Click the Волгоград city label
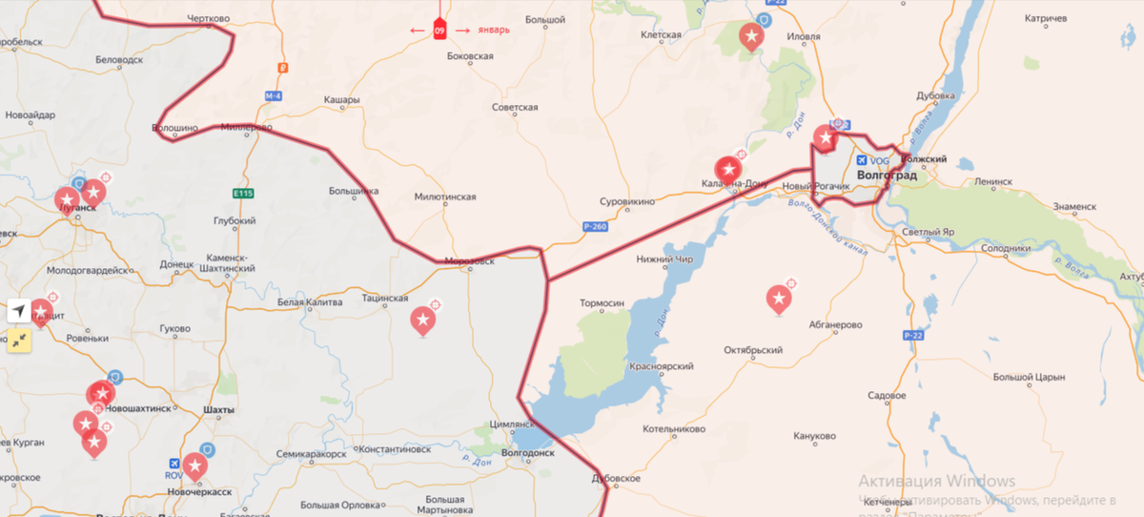(887, 176)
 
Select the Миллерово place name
(246, 127)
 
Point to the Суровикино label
(626, 202)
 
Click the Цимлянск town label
(511, 424)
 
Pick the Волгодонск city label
(528, 453)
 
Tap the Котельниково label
(680, 429)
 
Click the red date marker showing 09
(439, 31)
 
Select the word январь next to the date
(493, 30)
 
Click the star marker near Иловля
(751, 37)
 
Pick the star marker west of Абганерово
(779, 300)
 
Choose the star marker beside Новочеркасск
(195, 465)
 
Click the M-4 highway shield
(274, 95)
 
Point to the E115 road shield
(243, 194)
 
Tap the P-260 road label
(593, 227)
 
